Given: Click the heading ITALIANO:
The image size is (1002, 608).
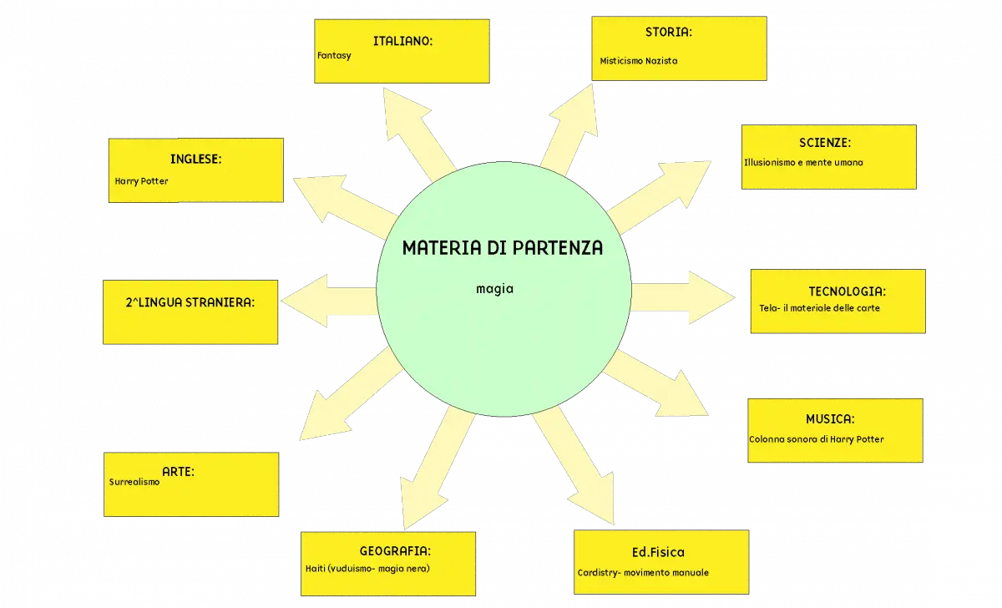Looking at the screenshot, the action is pos(402,41).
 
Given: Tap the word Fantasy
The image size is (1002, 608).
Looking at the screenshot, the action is pos(334,56).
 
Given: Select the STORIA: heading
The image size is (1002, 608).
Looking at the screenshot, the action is pos(668,33).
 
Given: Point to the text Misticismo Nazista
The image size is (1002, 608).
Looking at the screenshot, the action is pos(638,61).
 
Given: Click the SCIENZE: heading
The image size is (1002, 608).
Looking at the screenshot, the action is pos(825,143).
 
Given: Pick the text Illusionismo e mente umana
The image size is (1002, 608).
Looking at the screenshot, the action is pos(803,162).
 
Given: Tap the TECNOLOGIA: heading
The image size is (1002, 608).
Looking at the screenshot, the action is pos(847,291).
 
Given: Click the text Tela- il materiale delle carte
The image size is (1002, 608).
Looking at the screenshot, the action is pos(819,308).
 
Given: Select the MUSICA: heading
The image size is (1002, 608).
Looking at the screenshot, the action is pos(830,419).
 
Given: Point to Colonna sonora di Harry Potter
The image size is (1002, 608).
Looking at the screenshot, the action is pos(817,439).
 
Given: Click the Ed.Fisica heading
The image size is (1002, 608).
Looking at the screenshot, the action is pos(658,553).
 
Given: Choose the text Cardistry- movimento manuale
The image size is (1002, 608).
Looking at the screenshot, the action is pos(643,573).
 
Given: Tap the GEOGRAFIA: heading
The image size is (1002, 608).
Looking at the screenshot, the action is pos(395,551).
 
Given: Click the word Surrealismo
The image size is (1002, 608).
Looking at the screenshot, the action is pos(134,482).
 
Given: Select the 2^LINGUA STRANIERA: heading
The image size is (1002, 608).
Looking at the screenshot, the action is pos(190,303).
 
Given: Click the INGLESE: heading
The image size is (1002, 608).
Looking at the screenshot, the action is pos(196,160).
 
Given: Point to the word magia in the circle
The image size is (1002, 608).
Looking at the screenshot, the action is pos(494,289).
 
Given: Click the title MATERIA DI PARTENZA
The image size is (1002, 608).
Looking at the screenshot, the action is pos(503,248).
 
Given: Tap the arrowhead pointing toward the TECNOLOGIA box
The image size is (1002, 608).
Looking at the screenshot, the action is pos(711,297).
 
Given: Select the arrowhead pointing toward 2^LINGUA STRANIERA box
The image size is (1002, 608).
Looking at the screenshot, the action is pos(305,301).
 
